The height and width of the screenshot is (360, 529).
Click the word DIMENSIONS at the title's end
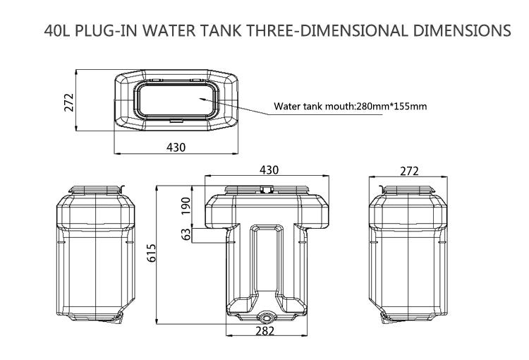coord(461,31)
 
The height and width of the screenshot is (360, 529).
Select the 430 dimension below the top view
coord(175,147)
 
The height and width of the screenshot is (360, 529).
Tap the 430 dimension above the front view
coord(269,170)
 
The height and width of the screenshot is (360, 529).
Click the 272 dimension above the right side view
coord(409,170)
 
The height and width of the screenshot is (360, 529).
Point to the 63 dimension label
coord(186,234)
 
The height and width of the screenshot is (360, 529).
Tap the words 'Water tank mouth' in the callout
coord(312,107)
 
